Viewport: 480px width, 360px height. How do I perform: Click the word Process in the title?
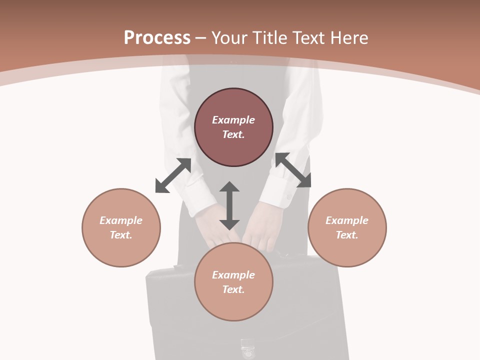(157, 38)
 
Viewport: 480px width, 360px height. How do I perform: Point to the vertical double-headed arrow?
(229, 206)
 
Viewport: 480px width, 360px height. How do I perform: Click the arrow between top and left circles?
(173, 175)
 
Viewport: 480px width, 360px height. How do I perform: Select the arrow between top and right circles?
(293, 170)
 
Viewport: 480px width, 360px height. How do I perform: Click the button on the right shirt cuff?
(288, 197)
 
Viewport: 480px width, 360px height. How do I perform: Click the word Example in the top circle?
(233, 120)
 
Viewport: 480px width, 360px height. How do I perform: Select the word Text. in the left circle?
(121, 235)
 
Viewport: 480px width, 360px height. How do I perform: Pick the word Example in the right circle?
(347, 220)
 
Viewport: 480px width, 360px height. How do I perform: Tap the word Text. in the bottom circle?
(233, 289)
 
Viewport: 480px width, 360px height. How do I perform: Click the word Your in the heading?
(229, 38)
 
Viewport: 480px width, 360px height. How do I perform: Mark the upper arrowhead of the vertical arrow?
(229, 187)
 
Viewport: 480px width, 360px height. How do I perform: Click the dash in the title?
(201, 38)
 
